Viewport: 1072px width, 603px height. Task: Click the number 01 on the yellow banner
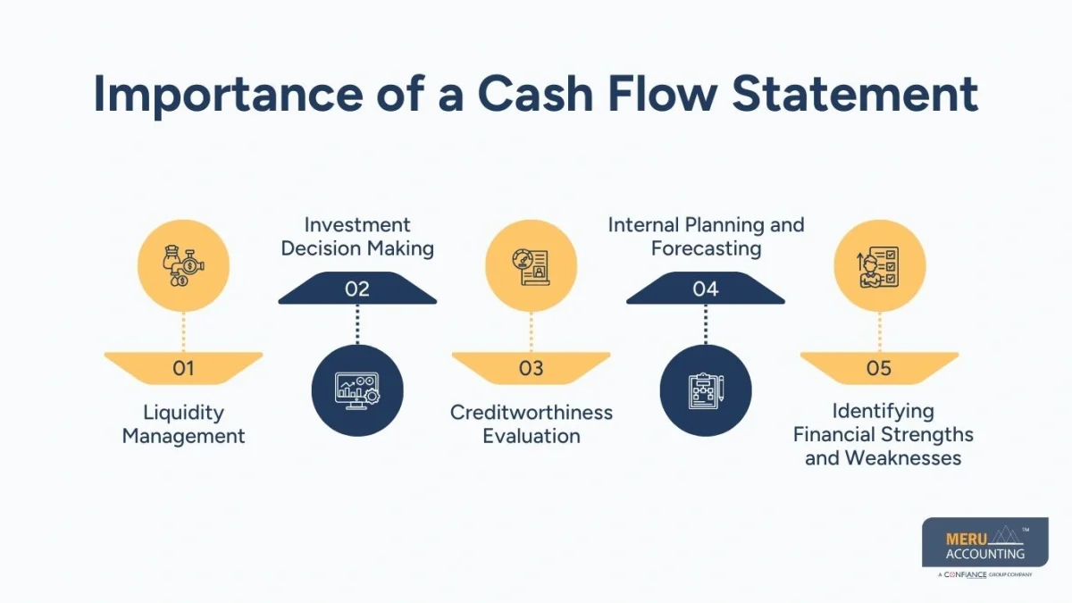pos(183,368)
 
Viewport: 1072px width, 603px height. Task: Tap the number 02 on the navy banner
pos(357,289)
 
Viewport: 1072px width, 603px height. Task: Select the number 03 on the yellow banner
pos(531,368)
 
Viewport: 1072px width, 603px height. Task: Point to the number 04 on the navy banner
pos(705,289)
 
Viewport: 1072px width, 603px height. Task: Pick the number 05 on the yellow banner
pos(879,368)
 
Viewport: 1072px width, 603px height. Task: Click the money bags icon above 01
pos(183,266)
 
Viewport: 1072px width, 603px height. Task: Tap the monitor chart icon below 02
pos(357,390)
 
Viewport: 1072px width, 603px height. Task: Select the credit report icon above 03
pos(531,266)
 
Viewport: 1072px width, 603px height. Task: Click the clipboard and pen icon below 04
pos(705,390)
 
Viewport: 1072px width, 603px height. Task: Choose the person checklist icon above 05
pos(879,266)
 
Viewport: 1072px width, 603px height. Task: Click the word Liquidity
pos(183,413)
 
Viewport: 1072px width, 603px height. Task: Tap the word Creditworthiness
pos(532,413)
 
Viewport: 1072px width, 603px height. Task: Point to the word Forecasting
pos(706,248)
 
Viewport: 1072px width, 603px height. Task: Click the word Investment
pos(357,224)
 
